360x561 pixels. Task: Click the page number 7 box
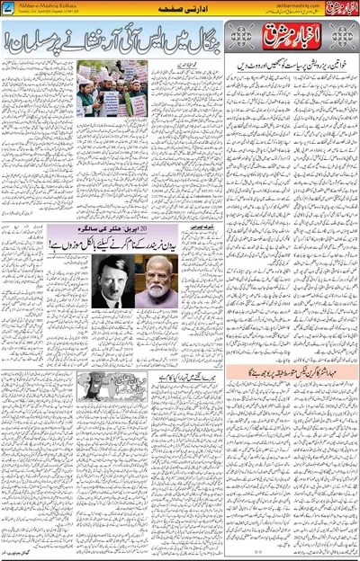point(7,6)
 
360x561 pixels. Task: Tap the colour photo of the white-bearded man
point(154,280)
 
